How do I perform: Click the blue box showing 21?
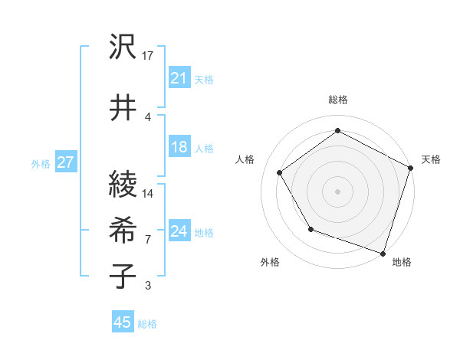[179, 77]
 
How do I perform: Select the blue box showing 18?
[179, 148]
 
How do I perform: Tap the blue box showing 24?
[179, 232]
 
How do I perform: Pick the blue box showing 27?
[65, 162]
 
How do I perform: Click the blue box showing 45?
[123, 322]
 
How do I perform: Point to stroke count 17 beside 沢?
[149, 55]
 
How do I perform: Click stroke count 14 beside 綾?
[148, 193]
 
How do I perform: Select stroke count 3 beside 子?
[148, 286]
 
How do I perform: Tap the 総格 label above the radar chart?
[338, 100]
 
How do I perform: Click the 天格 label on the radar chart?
[431, 159]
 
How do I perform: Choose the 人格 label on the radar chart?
[245, 159]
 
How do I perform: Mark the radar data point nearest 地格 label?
[383, 252]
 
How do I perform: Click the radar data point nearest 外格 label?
[310, 228]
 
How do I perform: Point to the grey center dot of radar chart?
[338, 191]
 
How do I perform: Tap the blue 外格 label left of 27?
[40, 163]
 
